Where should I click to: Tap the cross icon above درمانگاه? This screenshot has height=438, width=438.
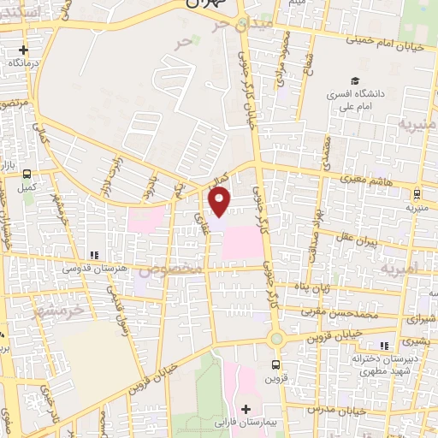pos(23,50)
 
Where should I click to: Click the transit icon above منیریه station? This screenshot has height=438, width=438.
pos(417,193)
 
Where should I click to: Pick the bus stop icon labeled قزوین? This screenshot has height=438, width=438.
pos(275,364)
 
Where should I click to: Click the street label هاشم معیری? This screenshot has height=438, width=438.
pos(373,177)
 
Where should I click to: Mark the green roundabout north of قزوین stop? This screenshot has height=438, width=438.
pos(275,339)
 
